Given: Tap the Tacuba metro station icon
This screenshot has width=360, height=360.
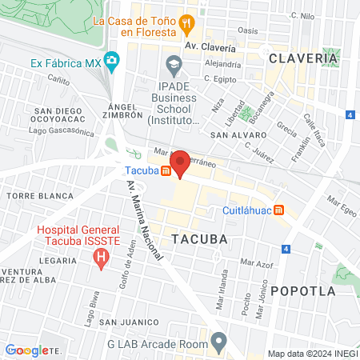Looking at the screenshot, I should [x=166, y=170].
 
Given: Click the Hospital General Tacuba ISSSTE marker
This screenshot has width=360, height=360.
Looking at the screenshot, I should [x=101, y=258].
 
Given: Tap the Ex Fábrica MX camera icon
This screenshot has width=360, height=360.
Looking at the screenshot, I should [x=113, y=61].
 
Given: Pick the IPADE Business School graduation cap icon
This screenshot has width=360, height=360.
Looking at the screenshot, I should [x=173, y=63].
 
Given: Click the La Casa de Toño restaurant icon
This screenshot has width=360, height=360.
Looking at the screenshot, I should [x=186, y=22].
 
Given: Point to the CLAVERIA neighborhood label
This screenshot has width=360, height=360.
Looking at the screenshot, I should [x=303, y=58].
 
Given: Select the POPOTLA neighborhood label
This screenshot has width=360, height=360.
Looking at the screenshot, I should [x=303, y=291].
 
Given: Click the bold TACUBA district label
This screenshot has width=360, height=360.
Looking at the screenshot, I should [x=199, y=239].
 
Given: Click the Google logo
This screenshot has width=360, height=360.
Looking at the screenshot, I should [x=27, y=350].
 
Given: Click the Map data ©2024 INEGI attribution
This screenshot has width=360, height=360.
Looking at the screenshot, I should [x=312, y=354].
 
